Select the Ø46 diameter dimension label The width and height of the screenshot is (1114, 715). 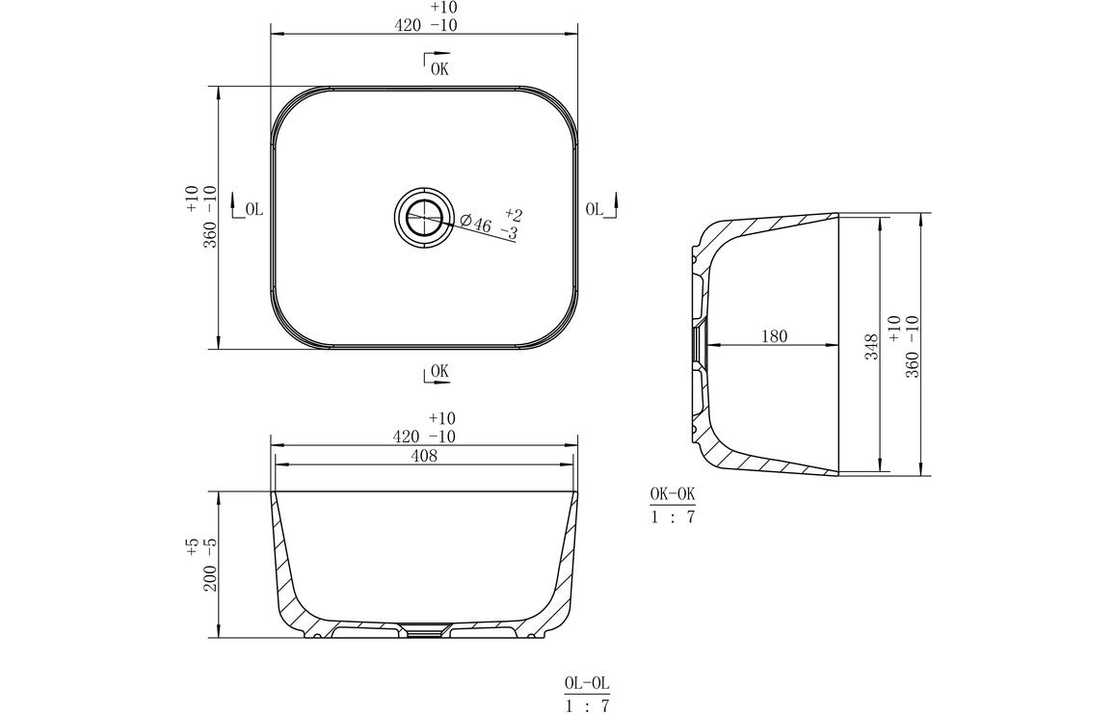476,224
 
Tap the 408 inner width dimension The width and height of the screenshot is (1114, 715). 424,457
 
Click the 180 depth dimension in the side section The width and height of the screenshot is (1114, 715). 774,336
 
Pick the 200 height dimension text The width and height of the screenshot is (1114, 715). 209,576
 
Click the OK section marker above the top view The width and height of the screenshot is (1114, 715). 438,67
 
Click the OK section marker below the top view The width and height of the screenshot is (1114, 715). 438,371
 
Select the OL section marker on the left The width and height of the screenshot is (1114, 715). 253,208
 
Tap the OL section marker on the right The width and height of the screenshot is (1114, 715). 595,208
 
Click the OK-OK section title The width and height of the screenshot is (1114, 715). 672,494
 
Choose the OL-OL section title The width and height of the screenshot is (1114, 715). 587,684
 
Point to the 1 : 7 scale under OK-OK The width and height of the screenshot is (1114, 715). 672,516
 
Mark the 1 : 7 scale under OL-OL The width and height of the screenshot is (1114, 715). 587,706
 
